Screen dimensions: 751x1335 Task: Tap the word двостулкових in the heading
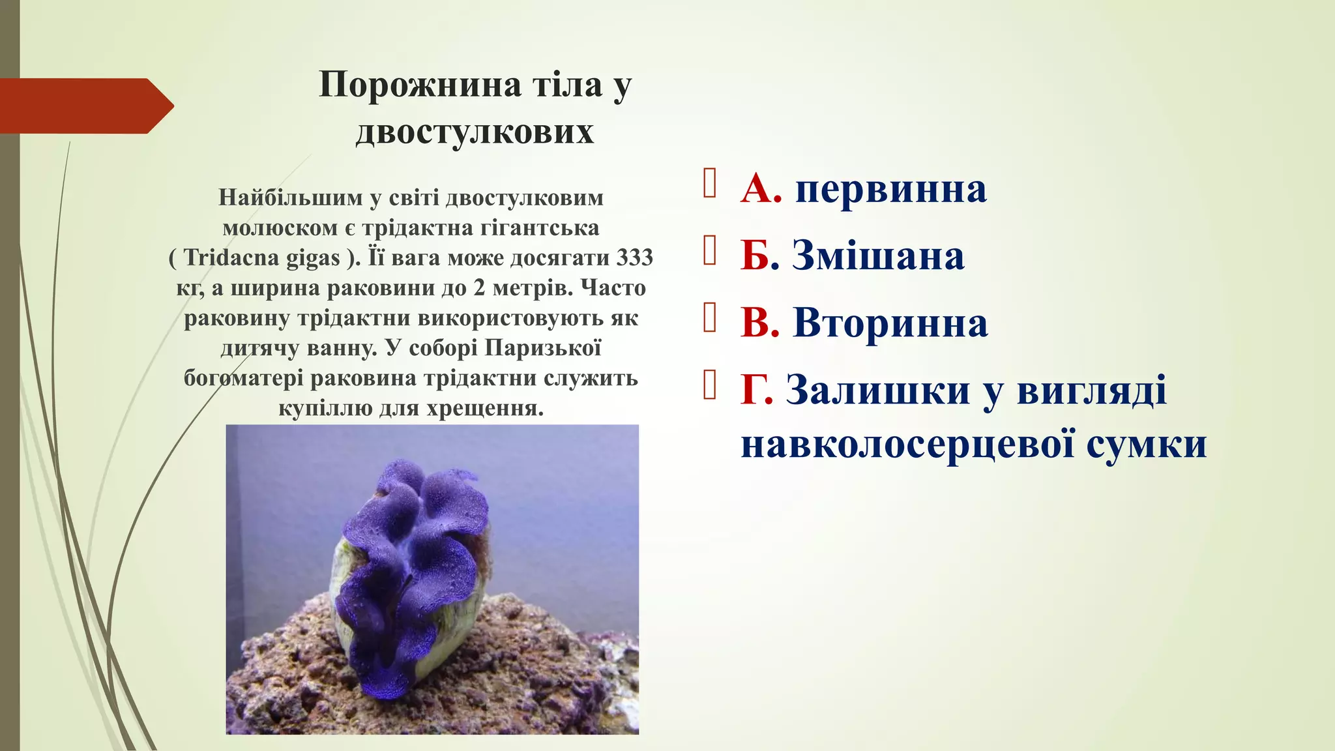coord(475,132)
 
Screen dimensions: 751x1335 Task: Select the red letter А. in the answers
coord(761,189)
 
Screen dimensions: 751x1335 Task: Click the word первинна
coord(891,189)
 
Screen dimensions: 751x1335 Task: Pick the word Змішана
coord(878,256)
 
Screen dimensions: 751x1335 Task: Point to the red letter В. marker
coord(760,323)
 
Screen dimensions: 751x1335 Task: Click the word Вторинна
coord(890,323)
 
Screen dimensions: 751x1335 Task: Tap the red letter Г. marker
coord(757,390)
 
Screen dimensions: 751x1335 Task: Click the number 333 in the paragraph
coord(634,258)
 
